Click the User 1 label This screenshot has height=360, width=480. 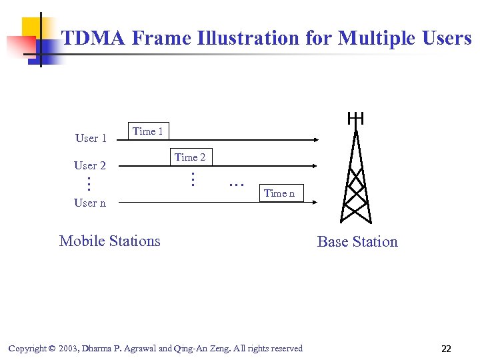(x=91, y=138)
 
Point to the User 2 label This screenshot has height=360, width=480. (x=90, y=165)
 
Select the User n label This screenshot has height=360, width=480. (x=90, y=203)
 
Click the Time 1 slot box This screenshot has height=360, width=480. (x=148, y=131)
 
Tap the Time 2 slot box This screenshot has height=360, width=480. (x=190, y=157)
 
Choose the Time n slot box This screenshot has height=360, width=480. (x=279, y=193)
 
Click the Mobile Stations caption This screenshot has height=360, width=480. (x=110, y=241)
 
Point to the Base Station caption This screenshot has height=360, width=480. (x=357, y=241)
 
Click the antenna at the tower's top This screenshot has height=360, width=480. (x=356, y=119)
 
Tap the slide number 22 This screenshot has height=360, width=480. (x=446, y=349)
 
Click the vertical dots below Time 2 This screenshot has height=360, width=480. (x=191, y=179)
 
